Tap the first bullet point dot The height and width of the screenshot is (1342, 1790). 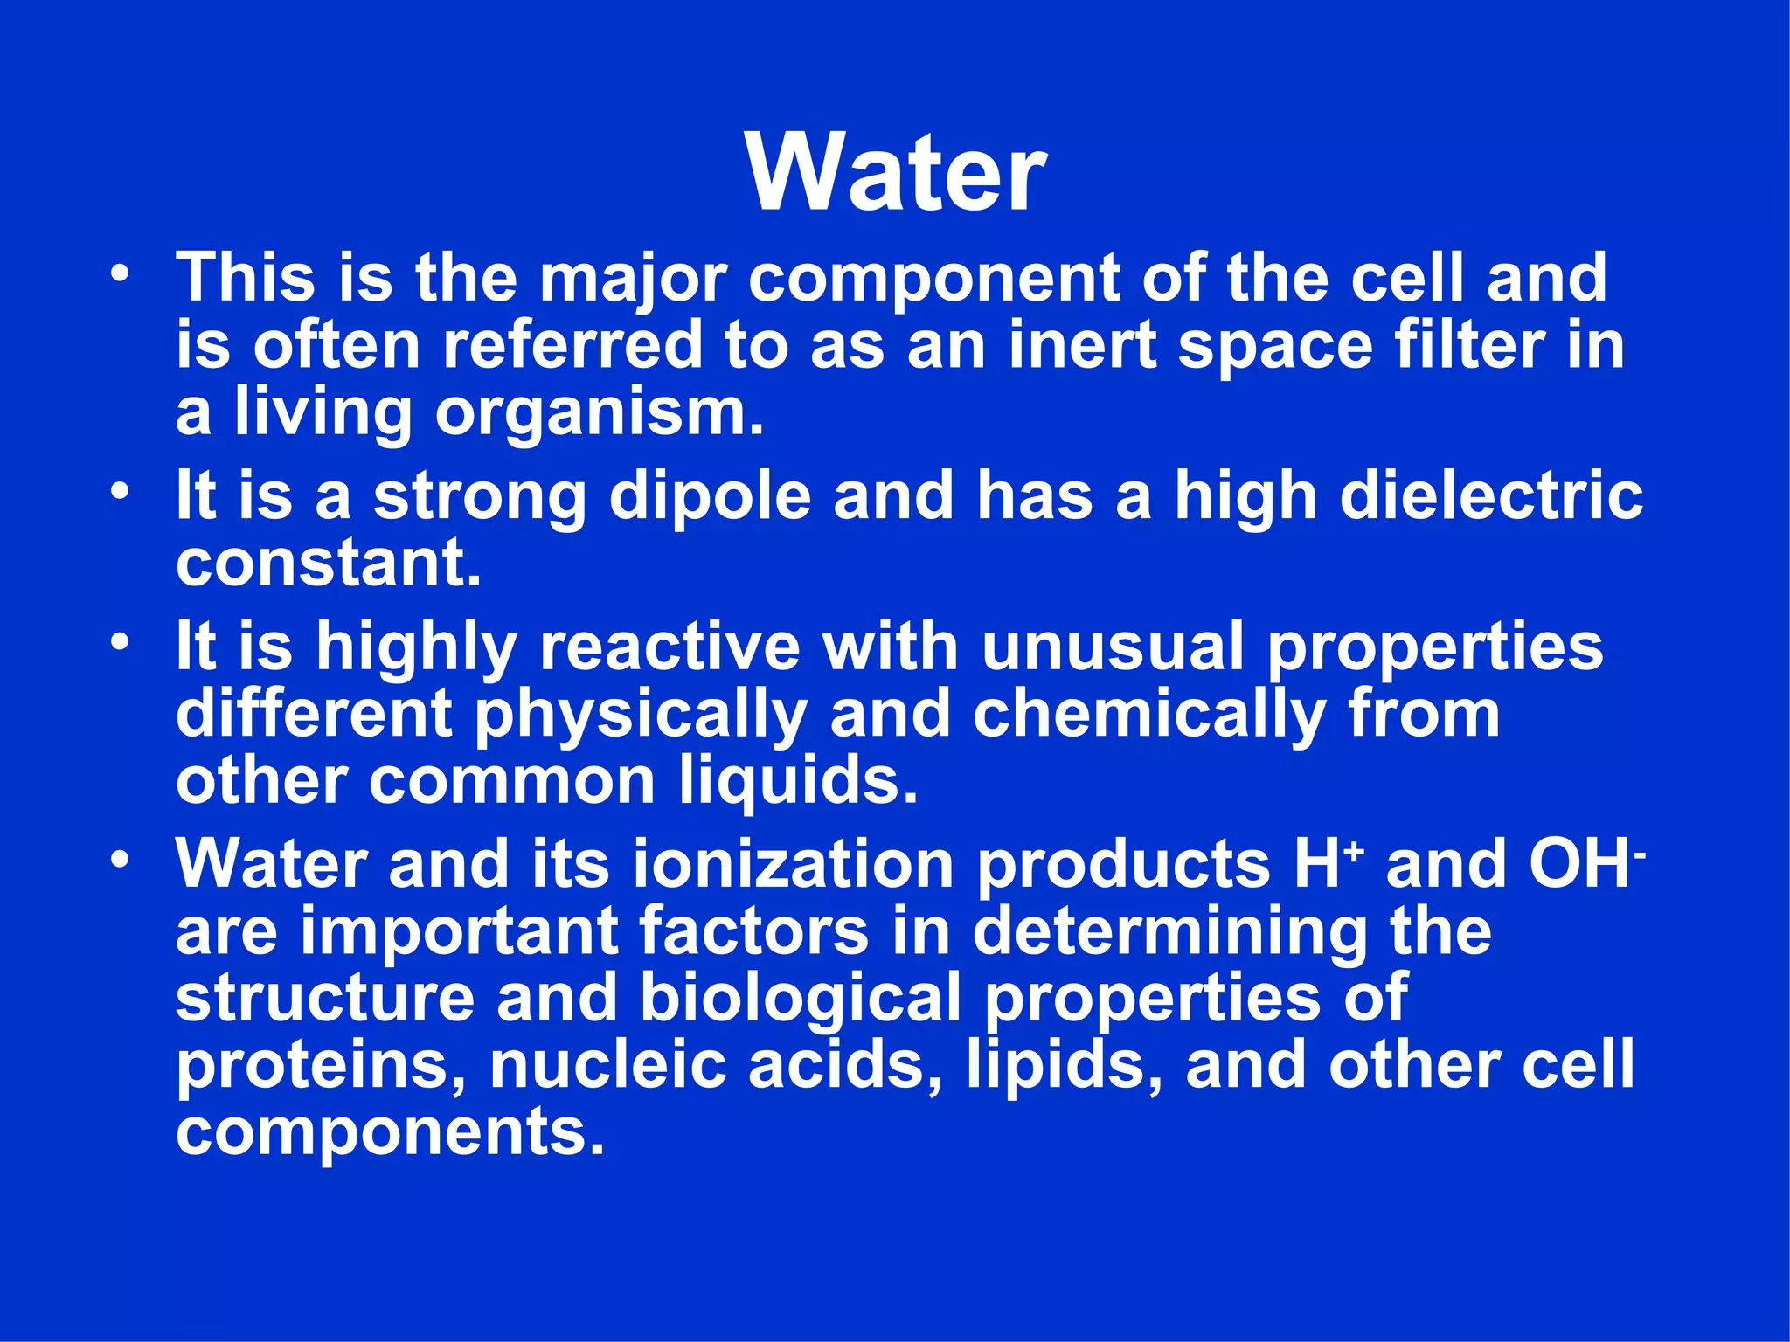click(x=120, y=273)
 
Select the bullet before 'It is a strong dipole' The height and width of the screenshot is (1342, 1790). click(x=120, y=490)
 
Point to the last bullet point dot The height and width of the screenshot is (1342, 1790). click(x=120, y=859)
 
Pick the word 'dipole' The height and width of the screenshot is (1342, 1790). click(x=710, y=497)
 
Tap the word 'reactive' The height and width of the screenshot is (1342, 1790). click(x=670, y=647)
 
